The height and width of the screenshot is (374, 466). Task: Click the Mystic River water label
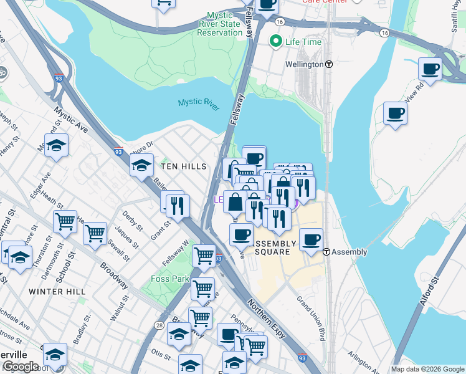[199, 103]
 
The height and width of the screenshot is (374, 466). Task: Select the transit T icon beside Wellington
[328, 64]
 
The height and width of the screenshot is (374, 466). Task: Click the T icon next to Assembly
[326, 252]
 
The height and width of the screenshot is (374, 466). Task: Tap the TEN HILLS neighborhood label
[183, 167]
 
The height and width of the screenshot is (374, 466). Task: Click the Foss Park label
[169, 279]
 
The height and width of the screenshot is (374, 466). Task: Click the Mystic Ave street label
[70, 120]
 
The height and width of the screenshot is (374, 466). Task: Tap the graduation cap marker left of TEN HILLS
[141, 165]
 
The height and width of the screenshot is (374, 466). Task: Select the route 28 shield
[160, 325]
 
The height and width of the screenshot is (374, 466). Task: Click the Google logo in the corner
[21, 366]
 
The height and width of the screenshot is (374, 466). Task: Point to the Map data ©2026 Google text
[427, 369]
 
